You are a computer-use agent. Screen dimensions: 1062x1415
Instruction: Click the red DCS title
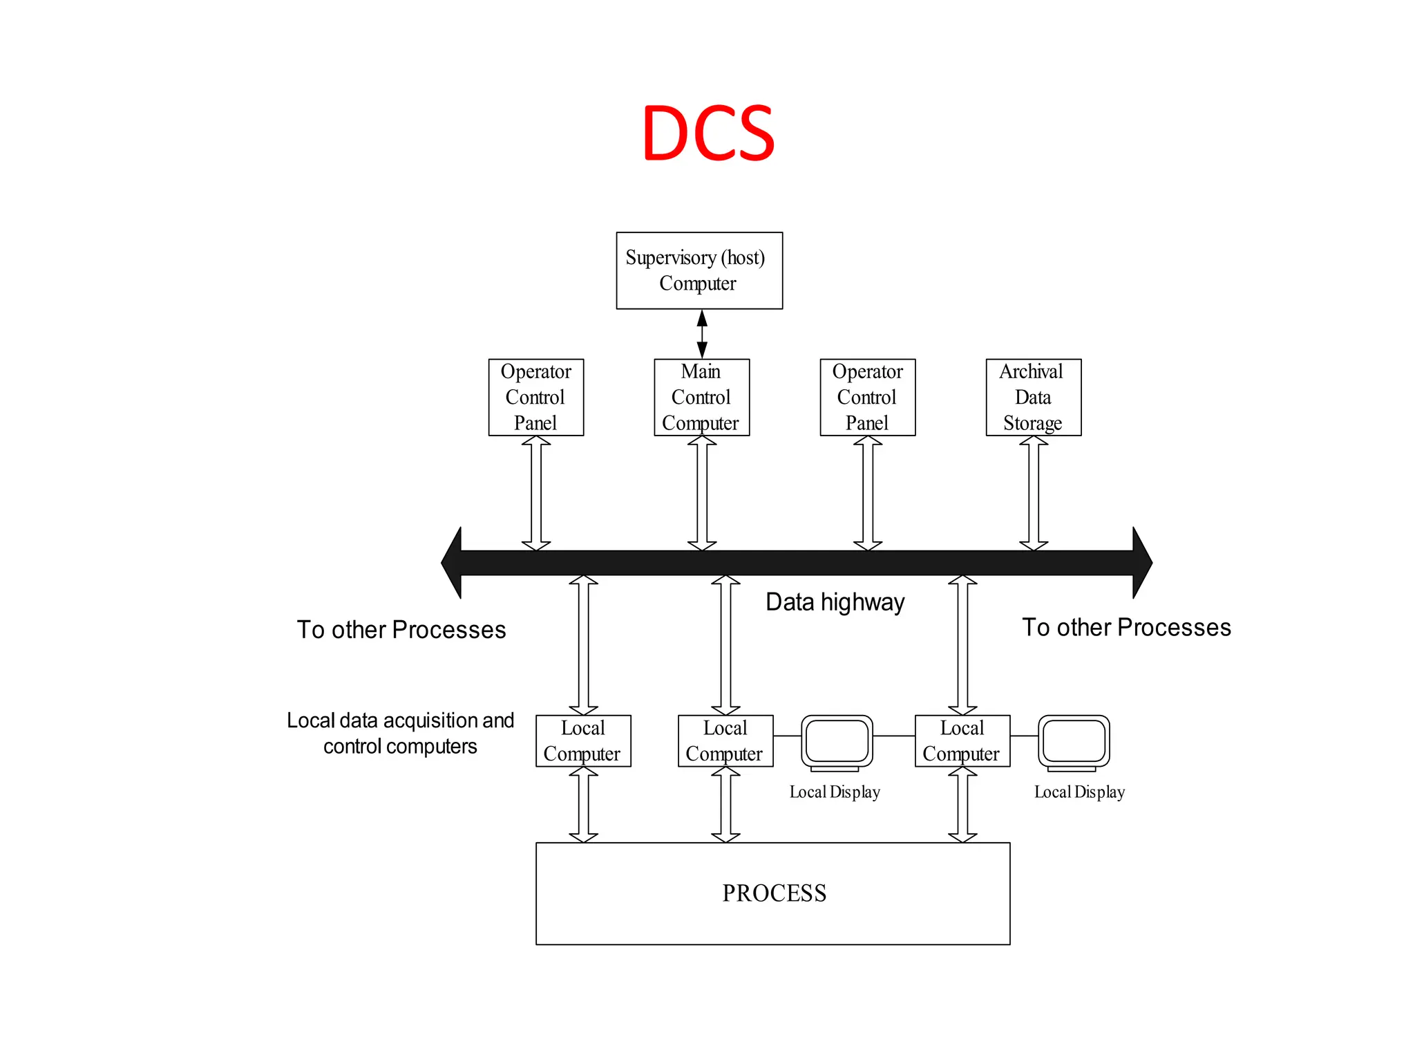point(708,133)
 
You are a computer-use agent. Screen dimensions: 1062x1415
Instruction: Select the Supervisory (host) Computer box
point(699,270)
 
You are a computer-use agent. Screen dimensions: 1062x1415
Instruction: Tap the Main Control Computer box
point(701,397)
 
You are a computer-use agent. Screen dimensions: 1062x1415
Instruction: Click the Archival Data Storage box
point(1033,397)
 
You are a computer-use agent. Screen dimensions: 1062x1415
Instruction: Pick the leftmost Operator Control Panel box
point(535,397)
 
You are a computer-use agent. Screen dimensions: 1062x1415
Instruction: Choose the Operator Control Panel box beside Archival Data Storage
point(867,397)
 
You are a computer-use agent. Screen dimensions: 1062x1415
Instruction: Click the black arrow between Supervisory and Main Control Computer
point(702,334)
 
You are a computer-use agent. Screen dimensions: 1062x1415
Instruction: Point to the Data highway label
point(835,602)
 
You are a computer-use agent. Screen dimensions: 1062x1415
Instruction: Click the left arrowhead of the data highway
point(453,562)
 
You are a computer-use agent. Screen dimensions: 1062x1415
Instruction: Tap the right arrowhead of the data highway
point(1141,562)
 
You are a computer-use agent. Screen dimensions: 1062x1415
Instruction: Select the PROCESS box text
point(774,893)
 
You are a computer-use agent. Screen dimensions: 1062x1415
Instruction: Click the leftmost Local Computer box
point(583,740)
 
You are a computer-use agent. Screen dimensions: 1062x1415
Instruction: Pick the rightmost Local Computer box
point(962,740)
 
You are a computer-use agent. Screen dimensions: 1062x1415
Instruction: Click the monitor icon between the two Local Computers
point(837,742)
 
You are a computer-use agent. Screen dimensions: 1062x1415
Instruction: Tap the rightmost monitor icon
point(1074,742)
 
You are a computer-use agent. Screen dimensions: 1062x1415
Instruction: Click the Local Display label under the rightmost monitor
point(1079,792)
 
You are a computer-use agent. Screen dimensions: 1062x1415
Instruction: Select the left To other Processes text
point(401,630)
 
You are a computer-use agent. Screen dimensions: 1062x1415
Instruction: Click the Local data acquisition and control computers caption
point(401,733)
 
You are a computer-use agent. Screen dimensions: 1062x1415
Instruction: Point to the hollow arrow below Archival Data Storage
point(1034,493)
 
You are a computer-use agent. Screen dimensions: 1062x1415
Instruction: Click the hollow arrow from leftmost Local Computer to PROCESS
point(583,804)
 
